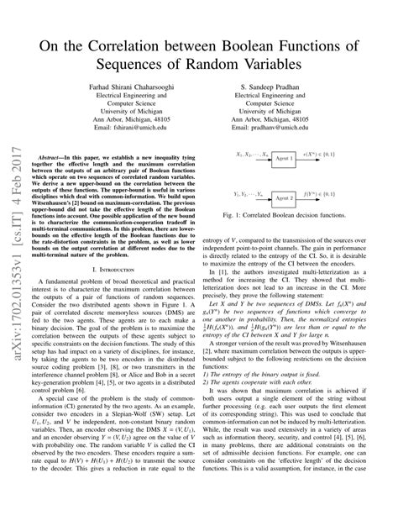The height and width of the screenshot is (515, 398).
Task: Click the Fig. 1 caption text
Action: click(283, 240)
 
